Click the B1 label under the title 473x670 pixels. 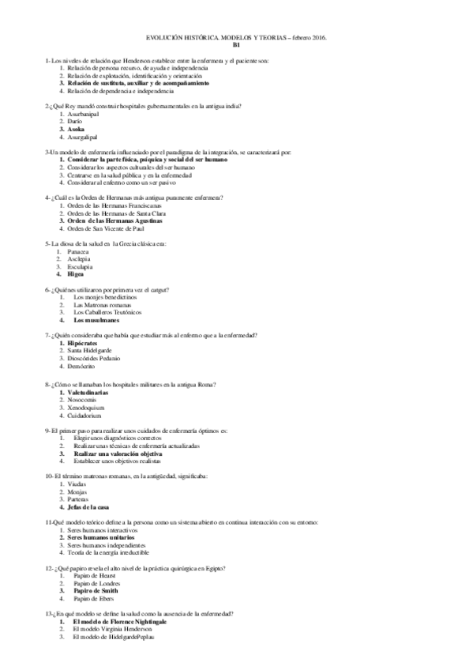pyautogui.click(x=236, y=46)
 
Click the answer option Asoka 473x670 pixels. pyautogui.click(x=76, y=129)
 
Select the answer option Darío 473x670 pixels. pyautogui.click(x=75, y=122)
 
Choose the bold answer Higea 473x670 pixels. pyautogui.click(x=76, y=273)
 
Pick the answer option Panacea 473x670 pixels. pyautogui.click(x=79, y=251)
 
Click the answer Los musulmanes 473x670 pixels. pyautogui.click(x=96, y=320)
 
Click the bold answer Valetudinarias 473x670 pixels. pyautogui.click(x=92, y=392)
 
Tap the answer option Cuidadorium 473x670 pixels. pyautogui.click(x=84, y=414)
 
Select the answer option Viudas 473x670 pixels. pyautogui.click(x=77, y=484)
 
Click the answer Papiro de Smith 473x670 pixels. pyautogui.click(x=96, y=590)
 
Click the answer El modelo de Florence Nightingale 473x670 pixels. pyautogui.click(x=118, y=622)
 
